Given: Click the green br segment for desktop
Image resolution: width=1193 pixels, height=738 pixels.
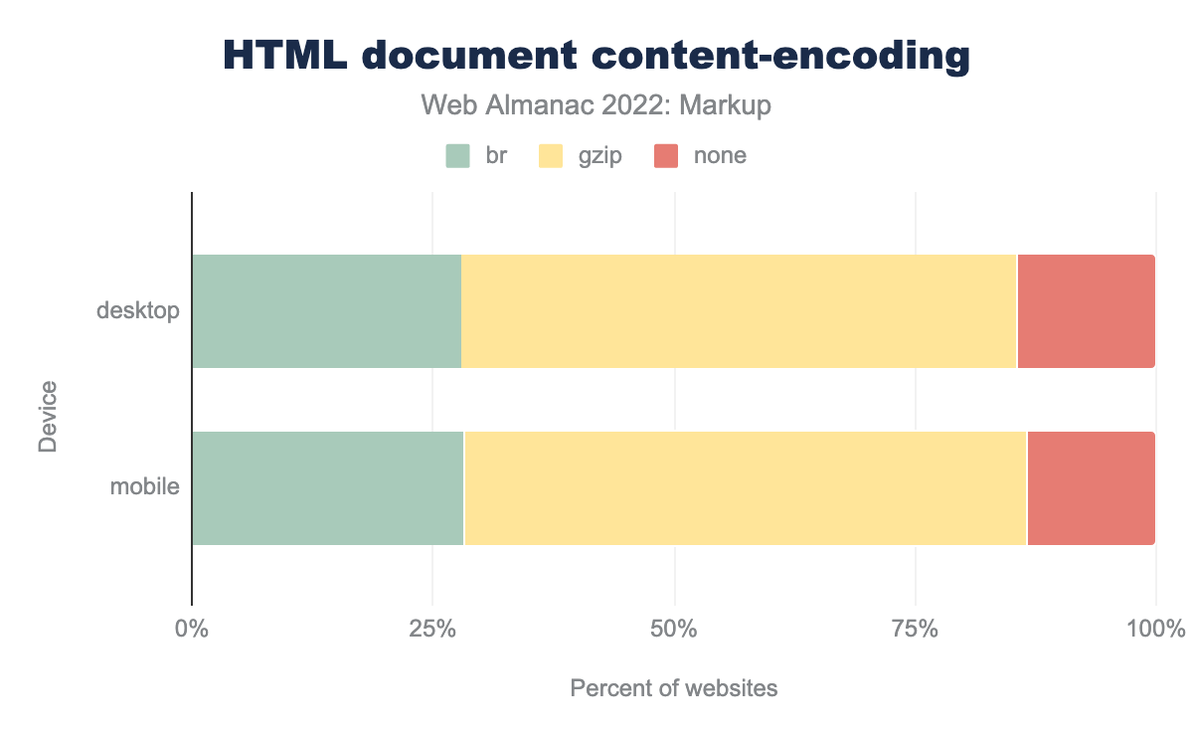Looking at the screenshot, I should (x=326, y=311).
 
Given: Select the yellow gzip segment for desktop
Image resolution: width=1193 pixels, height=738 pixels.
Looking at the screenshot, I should (x=739, y=311).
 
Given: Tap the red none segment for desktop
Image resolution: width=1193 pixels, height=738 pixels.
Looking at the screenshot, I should (x=1086, y=311).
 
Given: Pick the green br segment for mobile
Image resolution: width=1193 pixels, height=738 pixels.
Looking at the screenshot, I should (x=327, y=488).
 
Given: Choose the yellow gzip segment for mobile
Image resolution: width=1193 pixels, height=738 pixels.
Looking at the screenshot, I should (x=745, y=488).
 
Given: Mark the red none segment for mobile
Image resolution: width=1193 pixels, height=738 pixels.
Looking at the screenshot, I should (x=1091, y=488).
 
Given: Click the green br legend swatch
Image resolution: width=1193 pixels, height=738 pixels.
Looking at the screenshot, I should (x=457, y=156).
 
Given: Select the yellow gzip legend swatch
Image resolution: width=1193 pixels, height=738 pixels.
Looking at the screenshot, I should (x=550, y=156).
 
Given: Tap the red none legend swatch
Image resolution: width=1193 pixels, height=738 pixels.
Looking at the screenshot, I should (x=665, y=156).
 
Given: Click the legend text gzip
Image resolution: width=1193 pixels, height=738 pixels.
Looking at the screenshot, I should (x=599, y=156).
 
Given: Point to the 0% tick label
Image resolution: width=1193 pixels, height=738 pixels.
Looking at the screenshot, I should (x=191, y=629).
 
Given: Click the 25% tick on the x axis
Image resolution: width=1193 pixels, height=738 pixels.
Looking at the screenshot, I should (x=432, y=629).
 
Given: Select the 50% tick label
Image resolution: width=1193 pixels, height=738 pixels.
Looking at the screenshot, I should (x=674, y=629).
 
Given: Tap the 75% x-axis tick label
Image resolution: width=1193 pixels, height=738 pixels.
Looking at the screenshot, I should (x=916, y=629).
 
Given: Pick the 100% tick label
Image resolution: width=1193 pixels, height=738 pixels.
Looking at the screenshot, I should (x=1155, y=629).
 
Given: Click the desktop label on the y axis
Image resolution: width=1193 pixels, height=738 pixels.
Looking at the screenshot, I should (x=138, y=311).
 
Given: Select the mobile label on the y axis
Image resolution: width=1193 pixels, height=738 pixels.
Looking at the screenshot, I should (x=145, y=488).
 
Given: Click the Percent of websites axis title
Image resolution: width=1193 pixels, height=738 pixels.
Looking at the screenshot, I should (x=674, y=688).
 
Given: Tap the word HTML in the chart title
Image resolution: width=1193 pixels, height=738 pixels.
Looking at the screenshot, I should (x=284, y=56).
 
